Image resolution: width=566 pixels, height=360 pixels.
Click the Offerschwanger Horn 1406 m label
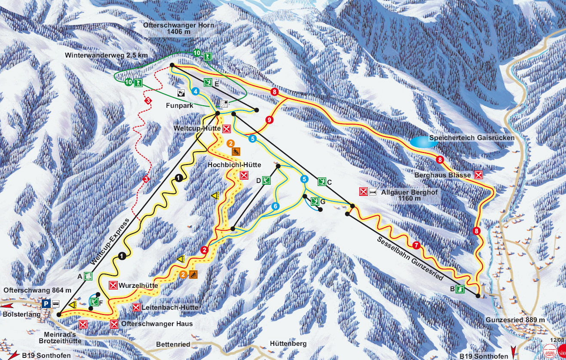[x=179, y=28]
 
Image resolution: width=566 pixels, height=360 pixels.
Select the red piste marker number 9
[x=269, y=120]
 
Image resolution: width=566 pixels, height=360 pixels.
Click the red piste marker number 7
[x=416, y=246]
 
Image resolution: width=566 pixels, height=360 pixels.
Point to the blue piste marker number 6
[x=275, y=206]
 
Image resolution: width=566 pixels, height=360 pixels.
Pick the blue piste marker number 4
[x=195, y=92]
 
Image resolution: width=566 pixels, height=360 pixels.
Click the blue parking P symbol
[x=46, y=304]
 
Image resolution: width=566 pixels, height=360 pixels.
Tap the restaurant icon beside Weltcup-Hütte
[x=226, y=128]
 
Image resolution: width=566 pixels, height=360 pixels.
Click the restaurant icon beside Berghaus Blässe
[x=478, y=175]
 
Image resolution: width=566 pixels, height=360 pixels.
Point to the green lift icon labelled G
[x=315, y=201]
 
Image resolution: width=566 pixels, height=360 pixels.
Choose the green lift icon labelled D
[x=266, y=180]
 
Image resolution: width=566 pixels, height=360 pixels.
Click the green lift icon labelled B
[x=460, y=289]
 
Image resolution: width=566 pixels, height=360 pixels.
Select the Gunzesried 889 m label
[x=515, y=320]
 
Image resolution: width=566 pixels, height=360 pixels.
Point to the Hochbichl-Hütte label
[x=234, y=165]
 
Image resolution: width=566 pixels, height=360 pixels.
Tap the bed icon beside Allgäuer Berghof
[x=373, y=192]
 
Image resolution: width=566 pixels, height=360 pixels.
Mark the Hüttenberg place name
[x=288, y=344]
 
